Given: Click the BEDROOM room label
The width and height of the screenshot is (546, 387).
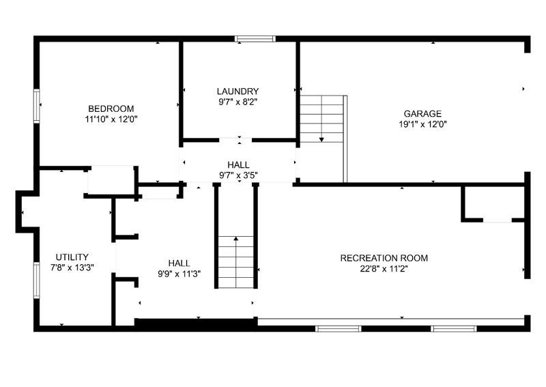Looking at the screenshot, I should [x=111, y=109].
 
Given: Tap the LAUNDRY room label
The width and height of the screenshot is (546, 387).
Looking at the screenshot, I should [x=238, y=91].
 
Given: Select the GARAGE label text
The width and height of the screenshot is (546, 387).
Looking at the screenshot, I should [x=422, y=114].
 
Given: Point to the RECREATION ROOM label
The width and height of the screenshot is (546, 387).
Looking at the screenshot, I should [x=384, y=258].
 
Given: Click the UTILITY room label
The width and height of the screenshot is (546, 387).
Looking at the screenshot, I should [x=72, y=257].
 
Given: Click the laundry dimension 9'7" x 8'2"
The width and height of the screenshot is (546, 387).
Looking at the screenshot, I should [x=238, y=102].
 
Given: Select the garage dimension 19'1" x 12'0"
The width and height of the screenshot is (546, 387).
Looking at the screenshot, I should [x=422, y=124].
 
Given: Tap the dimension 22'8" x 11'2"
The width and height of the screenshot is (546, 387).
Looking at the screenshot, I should [x=384, y=268].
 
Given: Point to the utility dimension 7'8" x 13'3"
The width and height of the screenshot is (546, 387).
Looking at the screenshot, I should [x=72, y=268].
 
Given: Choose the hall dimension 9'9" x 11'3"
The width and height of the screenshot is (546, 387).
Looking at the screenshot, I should [x=179, y=273].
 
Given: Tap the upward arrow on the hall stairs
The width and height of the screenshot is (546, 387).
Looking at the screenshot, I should [x=236, y=240].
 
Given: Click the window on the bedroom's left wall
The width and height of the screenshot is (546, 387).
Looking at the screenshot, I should [x=37, y=106].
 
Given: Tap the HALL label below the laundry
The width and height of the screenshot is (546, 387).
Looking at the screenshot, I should [x=238, y=165].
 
